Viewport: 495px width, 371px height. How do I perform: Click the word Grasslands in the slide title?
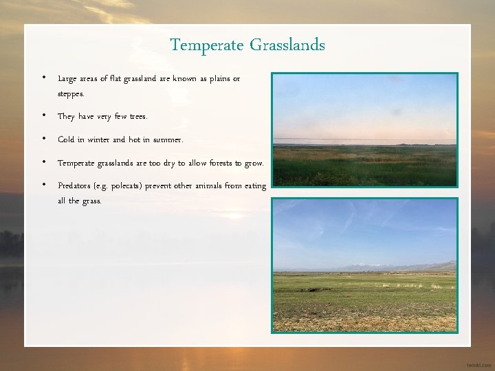[x=287, y=45]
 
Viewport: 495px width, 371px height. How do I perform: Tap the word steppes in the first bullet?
[x=71, y=93]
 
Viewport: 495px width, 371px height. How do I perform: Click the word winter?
[x=94, y=139]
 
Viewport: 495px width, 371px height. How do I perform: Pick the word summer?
[x=168, y=139]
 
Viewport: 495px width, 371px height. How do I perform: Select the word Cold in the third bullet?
[x=66, y=139]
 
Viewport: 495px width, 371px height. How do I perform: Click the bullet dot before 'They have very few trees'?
[x=44, y=116]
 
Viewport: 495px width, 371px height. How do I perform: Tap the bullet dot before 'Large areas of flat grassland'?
[x=44, y=78]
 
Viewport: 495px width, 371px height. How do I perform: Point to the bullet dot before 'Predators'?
[x=44, y=185]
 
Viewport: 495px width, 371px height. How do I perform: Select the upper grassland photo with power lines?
[x=364, y=129]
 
